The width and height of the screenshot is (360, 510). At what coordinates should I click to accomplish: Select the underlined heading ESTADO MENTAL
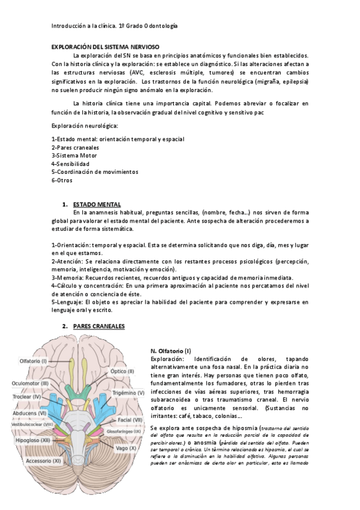click(x=97, y=204)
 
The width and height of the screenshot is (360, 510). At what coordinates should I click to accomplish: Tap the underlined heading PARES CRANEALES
click(x=99, y=326)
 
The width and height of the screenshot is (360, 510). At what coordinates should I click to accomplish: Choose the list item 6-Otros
click(x=63, y=180)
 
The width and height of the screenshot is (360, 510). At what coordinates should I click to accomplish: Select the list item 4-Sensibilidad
click(x=70, y=164)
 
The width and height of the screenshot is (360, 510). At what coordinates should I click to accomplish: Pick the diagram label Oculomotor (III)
click(x=31, y=383)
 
